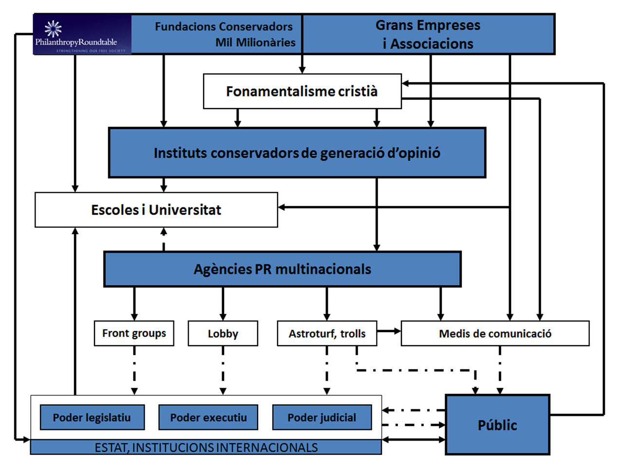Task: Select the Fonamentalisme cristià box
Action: [x=302, y=91]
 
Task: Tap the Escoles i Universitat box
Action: [x=156, y=210]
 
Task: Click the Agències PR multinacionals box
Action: [x=282, y=269]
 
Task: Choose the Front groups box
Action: [x=134, y=334]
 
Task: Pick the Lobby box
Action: [x=223, y=334]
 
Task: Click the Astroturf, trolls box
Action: [x=327, y=334]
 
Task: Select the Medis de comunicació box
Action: [x=495, y=334]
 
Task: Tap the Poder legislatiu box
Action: [x=92, y=417]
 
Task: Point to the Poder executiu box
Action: [x=208, y=417]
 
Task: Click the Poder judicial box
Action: [x=322, y=417]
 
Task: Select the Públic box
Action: [x=497, y=425]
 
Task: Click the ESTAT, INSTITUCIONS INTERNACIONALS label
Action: [x=206, y=447]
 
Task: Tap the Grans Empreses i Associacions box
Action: [x=428, y=34]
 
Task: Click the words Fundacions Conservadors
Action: [x=224, y=27]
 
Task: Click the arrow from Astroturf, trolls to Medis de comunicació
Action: [x=389, y=331]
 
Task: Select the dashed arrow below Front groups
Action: [x=134, y=370]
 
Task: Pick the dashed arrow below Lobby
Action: [x=223, y=370]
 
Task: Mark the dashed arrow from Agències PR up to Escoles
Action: [x=164, y=240]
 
